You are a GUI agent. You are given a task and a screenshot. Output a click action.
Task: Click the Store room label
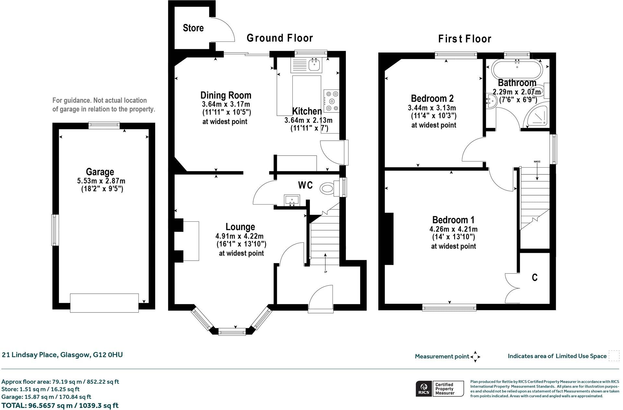click(x=193, y=28)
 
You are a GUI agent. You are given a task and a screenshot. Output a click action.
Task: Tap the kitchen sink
click(x=314, y=65)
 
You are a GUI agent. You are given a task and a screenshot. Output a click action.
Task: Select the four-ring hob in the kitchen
click(x=331, y=100)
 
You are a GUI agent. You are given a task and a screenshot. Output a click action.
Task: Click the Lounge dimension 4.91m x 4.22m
click(x=240, y=236)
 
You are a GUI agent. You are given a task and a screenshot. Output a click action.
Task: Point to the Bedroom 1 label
click(x=453, y=220)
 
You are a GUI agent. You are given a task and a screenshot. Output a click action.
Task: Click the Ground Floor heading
click(x=280, y=38)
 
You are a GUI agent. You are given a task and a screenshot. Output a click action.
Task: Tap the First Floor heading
click(x=464, y=39)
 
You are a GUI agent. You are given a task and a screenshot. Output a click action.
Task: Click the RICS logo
click(x=423, y=389)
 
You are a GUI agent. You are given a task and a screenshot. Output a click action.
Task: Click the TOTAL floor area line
click(x=60, y=405)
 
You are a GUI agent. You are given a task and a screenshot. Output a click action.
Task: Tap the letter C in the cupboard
click(x=535, y=277)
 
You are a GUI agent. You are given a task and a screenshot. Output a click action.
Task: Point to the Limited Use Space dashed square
click(x=614, y=356)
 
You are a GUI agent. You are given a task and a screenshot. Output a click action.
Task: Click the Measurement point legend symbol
click(x=475, y=357)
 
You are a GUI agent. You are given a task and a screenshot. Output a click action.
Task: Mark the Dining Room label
click(x=226, y=95)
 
